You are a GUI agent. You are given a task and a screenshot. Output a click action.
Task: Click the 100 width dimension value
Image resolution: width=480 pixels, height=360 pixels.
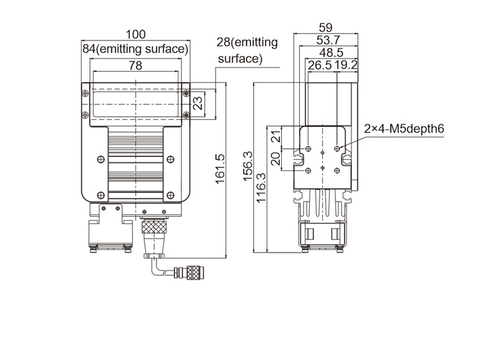coord(135,34)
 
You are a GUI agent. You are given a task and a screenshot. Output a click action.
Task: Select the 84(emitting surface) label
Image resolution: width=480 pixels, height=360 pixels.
coord(135,49)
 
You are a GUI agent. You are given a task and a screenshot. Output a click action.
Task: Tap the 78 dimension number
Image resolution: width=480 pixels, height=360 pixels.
coord(135,66)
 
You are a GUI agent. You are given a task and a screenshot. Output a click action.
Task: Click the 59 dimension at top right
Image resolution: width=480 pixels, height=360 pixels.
coord(326,28)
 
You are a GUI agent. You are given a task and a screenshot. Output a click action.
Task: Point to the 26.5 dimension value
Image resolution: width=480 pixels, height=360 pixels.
coord(319,65)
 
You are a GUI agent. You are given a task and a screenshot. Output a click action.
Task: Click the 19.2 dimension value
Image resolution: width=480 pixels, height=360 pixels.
coord(345,65)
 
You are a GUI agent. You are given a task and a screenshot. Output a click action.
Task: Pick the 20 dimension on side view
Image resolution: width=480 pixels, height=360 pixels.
coord(276,158)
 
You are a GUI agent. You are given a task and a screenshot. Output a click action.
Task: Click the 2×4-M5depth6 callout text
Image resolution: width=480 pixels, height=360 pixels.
coord(403,129)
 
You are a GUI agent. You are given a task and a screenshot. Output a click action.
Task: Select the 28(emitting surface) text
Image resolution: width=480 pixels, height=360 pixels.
coord(247,50)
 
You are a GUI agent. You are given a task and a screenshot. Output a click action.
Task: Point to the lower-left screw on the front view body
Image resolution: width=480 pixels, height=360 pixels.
coord(100,194)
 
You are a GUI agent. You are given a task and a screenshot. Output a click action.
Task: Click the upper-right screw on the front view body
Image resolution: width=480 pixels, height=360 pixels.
coord(170,158)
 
